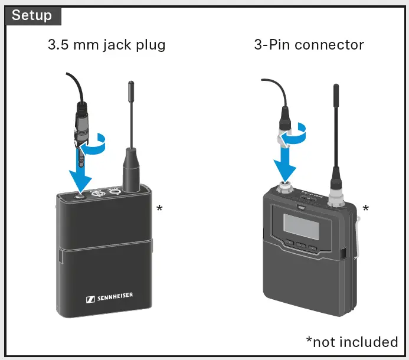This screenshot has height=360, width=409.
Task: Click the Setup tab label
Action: tap(32, 15)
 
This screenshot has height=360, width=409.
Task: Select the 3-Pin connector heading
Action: tap(309, 44)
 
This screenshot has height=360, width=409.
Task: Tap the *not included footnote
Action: tap(352, 342)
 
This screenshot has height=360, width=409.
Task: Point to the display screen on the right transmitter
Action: tap(298, 225)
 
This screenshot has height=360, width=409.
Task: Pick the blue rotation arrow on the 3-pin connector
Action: tap(295, 135)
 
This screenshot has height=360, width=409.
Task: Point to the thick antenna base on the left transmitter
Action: tap(130, 171)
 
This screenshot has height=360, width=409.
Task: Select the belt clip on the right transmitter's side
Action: tap(356, 236)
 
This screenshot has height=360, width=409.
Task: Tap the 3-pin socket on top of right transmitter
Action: tap(286, 189)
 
